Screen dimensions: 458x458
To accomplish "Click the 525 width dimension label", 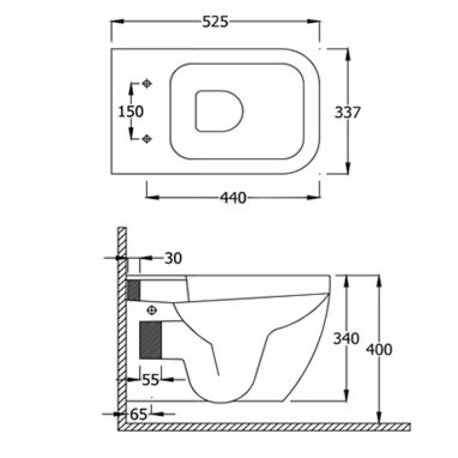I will (x=215, y=22).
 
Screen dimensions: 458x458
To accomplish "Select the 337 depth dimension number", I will (x=347, y=112).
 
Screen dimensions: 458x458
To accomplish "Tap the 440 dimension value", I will (x=233, y=198).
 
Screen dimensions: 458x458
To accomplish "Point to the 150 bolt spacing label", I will (x=131, y=111).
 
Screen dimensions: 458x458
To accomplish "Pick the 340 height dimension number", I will (x=346, y=339).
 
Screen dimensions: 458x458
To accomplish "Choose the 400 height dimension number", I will (x=378, y=349).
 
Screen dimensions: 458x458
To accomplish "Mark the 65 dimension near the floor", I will (x=139, y=414).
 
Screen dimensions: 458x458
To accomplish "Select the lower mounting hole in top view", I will (x=146, y=139).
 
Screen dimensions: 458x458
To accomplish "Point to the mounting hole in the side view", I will (x=152, y=310).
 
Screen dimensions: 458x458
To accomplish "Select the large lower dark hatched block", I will (x=151, y=340).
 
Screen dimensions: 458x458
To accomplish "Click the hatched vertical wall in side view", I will (x=122, y=326).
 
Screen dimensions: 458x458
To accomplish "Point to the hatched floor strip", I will (x=266, y=426).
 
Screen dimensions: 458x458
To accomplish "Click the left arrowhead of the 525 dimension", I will (x=115, y=22).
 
